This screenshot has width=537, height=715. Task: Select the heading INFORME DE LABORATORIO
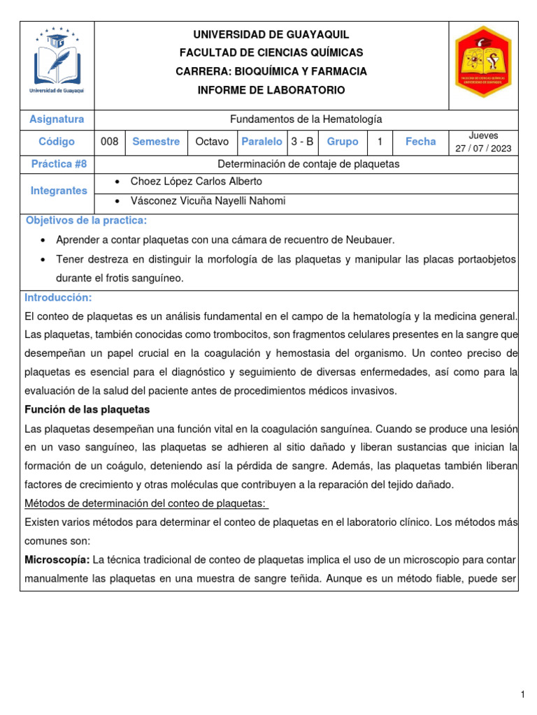coord(271,91)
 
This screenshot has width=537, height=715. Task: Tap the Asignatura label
coord(57,119)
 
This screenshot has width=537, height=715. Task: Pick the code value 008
coord(110,142)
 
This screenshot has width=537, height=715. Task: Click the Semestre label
coord(156,142)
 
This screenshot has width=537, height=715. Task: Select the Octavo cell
coord(212,142)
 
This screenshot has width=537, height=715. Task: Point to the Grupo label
coord(343,142)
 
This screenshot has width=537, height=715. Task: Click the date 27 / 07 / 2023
coord(483,148)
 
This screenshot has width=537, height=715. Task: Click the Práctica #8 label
coord(59,164)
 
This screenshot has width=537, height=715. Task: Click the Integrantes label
coord(59,191)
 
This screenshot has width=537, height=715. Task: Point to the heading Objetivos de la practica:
coord(87,221)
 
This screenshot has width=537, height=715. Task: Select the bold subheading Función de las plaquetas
coord(87,409)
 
